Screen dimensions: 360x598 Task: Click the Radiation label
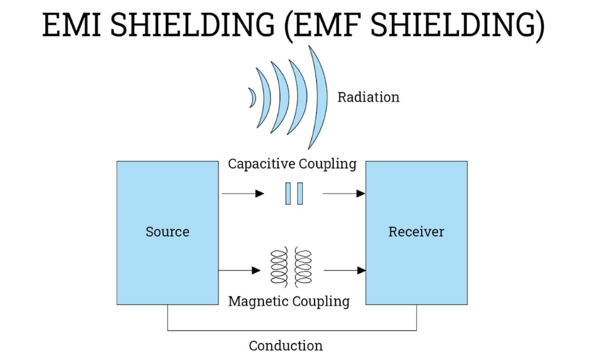(x=368, y=97)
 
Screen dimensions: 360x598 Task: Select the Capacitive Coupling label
(x=292, y=164)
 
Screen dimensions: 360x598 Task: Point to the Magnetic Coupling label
(x=289, y=301)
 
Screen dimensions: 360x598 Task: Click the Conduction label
(x=286, y=345)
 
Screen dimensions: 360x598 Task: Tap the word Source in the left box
(x=167, y=231)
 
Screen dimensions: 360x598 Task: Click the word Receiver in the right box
(x=416, y=231)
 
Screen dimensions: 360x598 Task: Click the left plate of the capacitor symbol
(x=288, y=194)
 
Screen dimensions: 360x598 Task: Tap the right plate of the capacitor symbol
(x=300, y=194)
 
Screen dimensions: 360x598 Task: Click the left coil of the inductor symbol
(x=279, y=266)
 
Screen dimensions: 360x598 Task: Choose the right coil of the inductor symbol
(x=303, y=266)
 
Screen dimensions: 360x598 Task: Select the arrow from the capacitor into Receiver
(x=344, y=194)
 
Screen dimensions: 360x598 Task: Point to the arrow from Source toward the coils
(x=240, y=271)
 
